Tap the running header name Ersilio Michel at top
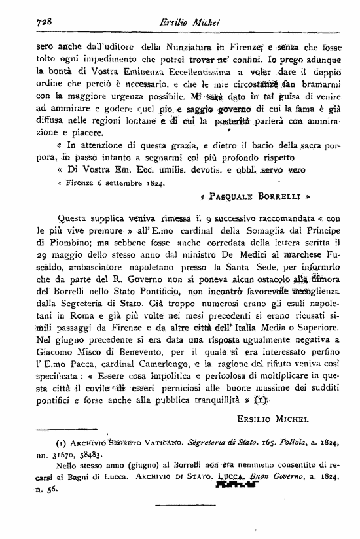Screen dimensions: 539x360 [x=183, y=21]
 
